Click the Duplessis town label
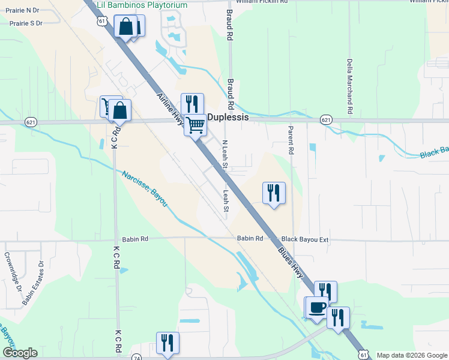pyautogui.click(x=228, y=118)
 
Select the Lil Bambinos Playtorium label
pyautogui.click(x=142, y=5)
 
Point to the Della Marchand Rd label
pyautogui.click(x=349, y=86)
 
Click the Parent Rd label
pyautogui.click(x=291, y=140)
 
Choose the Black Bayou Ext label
pyautogui.click(x=305, y=239)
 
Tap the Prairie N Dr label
pyautogui.click(x=23, y=10)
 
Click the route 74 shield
pyautogui.click(x=136, y=356)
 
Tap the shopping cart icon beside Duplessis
pyautogui.click(x=195, y=125)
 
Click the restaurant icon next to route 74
pyautogui.click(x=167, y=343)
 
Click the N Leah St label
pyautogui.click(x=225, y=154)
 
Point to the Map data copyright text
pyautogui.click(x=412, y=355)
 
